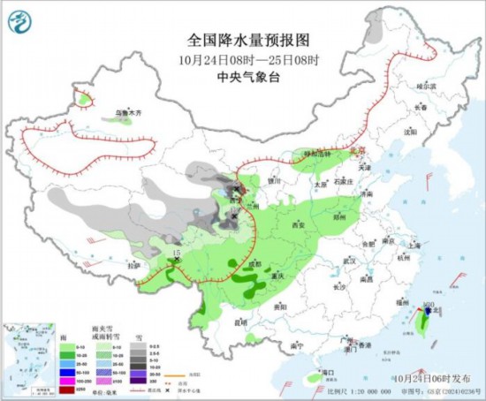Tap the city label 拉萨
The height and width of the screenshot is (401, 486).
click(x=133, y=265)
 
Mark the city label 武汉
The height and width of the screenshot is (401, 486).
click(x=347, y=261)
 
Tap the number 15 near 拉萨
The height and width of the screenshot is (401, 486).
click(x=176, y=253)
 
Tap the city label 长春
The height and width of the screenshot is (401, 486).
click(x=421, y=108)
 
